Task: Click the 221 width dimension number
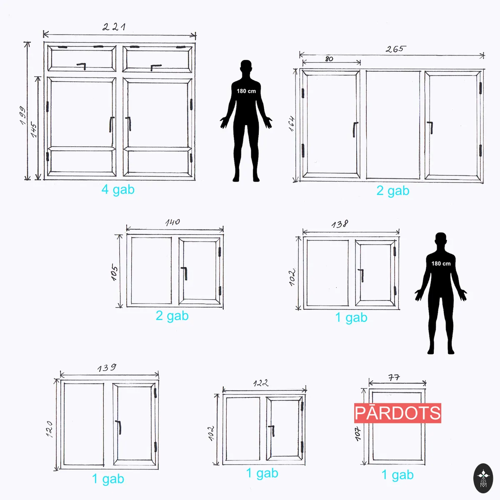coord(114,27)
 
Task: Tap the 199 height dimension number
coord(23,115)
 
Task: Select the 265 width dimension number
coord(395,49)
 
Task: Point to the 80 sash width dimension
coord(329,59)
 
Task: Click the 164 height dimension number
coord(292,123)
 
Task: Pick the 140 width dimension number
coord(172,222)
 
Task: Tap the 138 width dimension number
coord(340,224)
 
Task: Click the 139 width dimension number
coord(107,367)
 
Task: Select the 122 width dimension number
coord(260,383)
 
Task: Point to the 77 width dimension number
coord(394,377)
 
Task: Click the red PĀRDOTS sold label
coord(397,413)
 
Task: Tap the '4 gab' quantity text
coord(118,190)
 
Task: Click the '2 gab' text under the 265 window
coord(393,191)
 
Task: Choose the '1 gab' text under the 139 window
coord(108,479)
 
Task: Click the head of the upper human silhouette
coord(246,67)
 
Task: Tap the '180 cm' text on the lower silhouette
coord(441,264)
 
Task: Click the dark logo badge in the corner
coord(483,478)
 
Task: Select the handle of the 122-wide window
coord(272,430)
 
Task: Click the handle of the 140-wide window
coord(184,273)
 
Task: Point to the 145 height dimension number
coord(34,130)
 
